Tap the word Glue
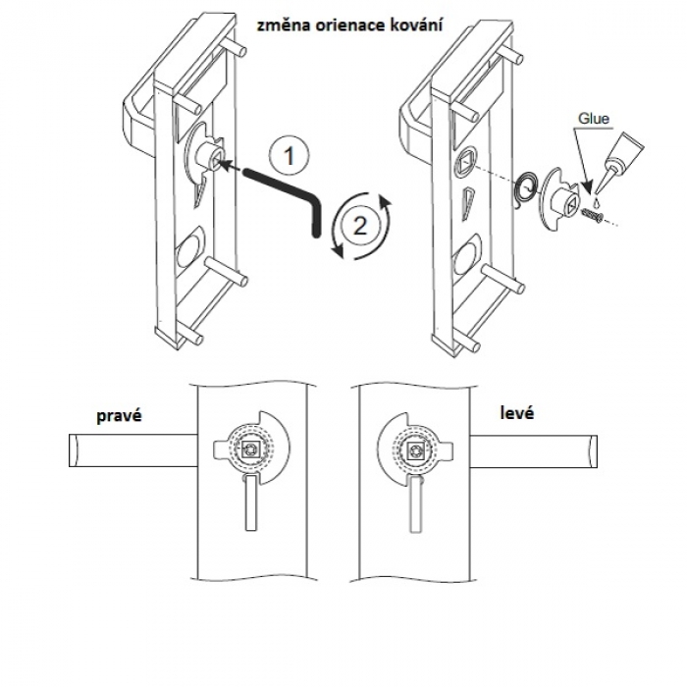(x=594, y=119)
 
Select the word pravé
(x=120, y=415)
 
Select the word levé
(x=515, y=415)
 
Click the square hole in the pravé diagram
(x=253, y=450)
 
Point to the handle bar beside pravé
(x=132, y=450)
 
